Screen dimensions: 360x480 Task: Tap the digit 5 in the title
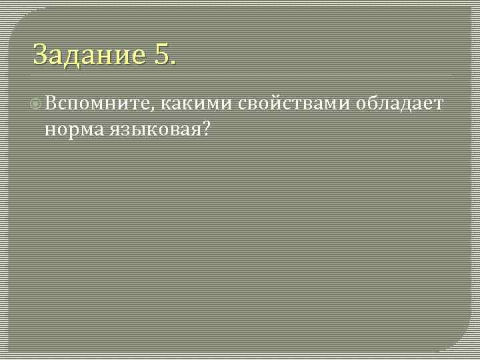click(163, 54)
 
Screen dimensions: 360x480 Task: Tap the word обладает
click(400, 104)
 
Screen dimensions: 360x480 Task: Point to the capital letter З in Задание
click(41, 54)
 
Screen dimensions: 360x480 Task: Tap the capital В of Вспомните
click(51, 104)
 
